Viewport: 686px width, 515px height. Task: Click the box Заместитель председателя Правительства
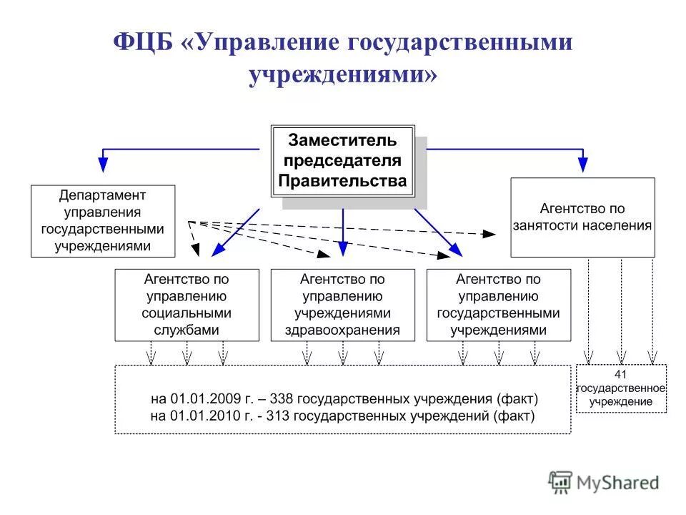[343, 160]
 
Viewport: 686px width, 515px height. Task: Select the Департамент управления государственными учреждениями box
[103, 221]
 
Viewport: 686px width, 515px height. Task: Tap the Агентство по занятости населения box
[582, 217]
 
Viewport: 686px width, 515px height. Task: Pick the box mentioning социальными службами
[187, 305]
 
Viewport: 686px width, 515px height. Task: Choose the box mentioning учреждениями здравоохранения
[343, 305]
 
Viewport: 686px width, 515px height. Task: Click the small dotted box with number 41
[621, 388]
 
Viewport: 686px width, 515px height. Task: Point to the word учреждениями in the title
[343, 74]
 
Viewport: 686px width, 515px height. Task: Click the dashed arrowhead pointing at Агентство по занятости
[490, 234]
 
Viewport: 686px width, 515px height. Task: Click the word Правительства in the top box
[343, 181]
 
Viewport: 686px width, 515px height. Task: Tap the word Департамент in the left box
[103, 195]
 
